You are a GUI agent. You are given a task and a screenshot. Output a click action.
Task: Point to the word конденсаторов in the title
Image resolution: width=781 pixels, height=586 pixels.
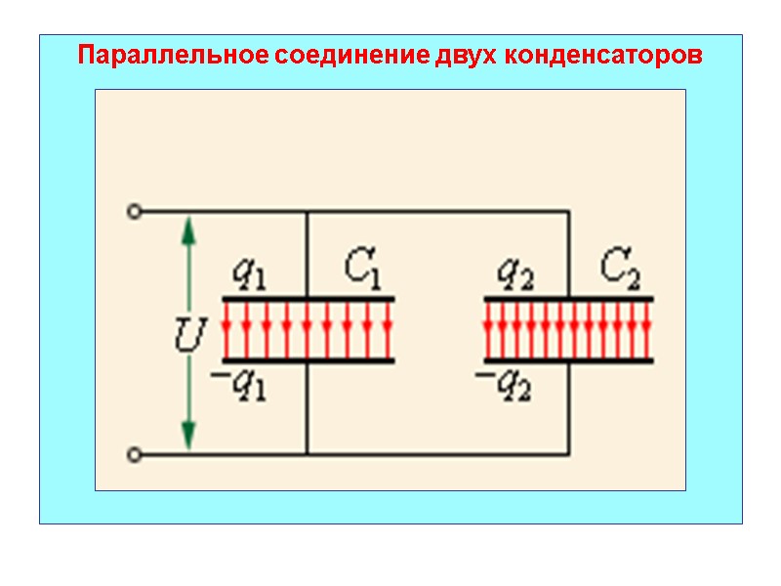pos(603,55)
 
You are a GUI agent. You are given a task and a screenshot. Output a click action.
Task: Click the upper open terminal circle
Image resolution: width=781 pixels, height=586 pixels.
pos(136,210)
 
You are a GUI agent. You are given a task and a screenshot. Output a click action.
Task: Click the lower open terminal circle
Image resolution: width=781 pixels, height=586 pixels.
pos(136,454)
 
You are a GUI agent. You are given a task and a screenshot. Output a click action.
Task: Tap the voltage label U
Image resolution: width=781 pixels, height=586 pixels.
pos(188,338)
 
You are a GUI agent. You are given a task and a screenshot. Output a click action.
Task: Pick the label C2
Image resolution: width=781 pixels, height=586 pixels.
pos(619,268)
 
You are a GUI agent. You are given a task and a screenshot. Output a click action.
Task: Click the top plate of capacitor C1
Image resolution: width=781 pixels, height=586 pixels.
pos(308,298)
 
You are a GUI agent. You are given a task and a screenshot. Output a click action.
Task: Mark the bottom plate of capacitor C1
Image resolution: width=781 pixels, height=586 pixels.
pos(308,361)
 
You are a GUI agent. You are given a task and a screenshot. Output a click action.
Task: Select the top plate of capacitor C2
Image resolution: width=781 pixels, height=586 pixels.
pos(569,298)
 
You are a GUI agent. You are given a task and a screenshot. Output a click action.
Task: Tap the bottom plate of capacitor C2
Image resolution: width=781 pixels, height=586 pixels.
pos(569,361)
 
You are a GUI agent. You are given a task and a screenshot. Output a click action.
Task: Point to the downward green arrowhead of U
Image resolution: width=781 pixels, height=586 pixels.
pos(189,434)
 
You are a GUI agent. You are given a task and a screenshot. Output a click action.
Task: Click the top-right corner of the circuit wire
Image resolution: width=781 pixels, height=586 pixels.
pos(569,210)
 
